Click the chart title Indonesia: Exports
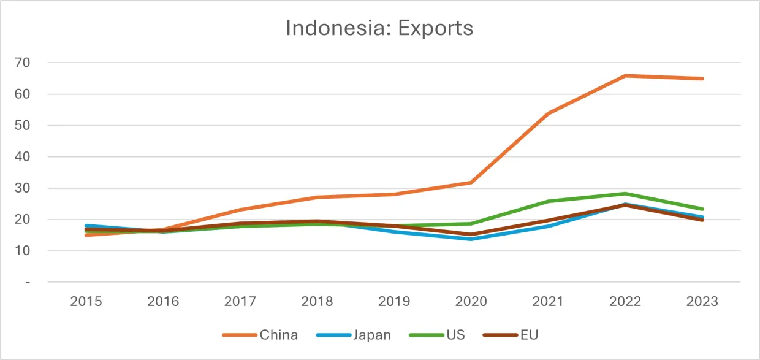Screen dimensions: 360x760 tap(379, 28)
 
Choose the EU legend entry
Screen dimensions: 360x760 tap(529, 335)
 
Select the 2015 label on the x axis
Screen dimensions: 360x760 tap(86, 302)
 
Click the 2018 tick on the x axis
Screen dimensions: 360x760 tap(317, 302)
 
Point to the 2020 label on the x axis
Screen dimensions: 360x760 tap(471, 302)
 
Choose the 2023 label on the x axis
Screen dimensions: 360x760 tap(702, 302)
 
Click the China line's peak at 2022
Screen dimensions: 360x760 tap(625, 75)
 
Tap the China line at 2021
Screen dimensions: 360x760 tap(549, 113)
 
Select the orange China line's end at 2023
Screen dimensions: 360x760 tap(702, 79)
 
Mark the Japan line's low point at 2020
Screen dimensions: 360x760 tap(471, 239)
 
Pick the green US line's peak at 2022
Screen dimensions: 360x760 tap(625, 194)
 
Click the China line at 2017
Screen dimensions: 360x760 tap(240, 210)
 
